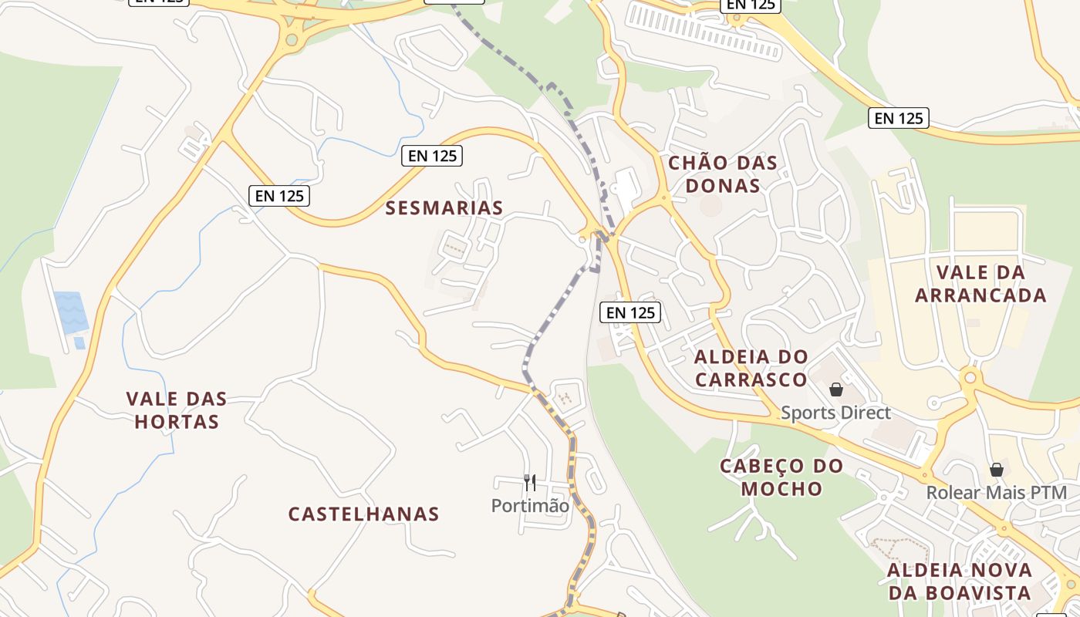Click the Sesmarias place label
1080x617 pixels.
(x=444, y=207)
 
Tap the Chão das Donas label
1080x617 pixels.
(x=723, y=174)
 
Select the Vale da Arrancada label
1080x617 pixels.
(x=980, y=284)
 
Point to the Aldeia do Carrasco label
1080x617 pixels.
(x=751, y=368)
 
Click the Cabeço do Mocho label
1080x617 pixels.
(x=781, y=477)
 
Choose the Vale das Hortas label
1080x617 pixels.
(x=177, y=410)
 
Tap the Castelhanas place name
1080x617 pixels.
(x=364, y=514)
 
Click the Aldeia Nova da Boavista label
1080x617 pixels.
(x=959, y=582)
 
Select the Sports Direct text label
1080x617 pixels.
(x=835, y=413)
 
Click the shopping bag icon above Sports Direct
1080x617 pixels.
(x=835, y=390)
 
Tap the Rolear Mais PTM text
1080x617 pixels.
(x=996, y=492)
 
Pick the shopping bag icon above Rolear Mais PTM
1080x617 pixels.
(x=997, y=469)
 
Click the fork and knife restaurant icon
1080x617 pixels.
(x=530, y=483)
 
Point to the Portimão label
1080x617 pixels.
(x=530, y=506)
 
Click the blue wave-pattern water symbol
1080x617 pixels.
(x=71, y=312)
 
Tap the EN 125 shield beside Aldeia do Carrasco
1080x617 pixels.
(x=630, y=312)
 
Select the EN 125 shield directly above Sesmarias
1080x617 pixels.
(x=433, y=155)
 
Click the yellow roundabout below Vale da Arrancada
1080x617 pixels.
(x=970, y=377)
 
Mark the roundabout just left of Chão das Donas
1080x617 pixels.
(x=663, y=198)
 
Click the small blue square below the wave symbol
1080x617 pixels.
(x=79, y=343)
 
